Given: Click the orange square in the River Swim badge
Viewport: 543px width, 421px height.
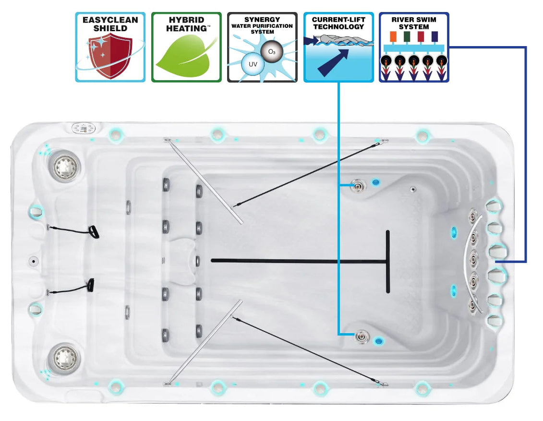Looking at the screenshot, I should click(x=392, y=37).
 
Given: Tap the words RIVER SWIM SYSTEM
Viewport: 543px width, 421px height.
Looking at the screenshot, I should click(x=414, y=24).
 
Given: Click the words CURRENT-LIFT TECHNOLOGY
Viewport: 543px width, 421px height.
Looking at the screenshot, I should click(x=338, y=24).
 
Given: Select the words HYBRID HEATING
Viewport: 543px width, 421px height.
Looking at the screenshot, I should click(x=186, y=24).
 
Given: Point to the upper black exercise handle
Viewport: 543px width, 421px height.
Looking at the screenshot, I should click(x=94, y=232).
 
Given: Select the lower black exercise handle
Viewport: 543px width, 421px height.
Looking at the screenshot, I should click(x=90, y=285).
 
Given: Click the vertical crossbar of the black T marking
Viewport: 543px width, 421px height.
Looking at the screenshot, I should click(x=387, y=262).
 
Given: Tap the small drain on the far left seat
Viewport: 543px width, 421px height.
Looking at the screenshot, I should click(x=34, y=262).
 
